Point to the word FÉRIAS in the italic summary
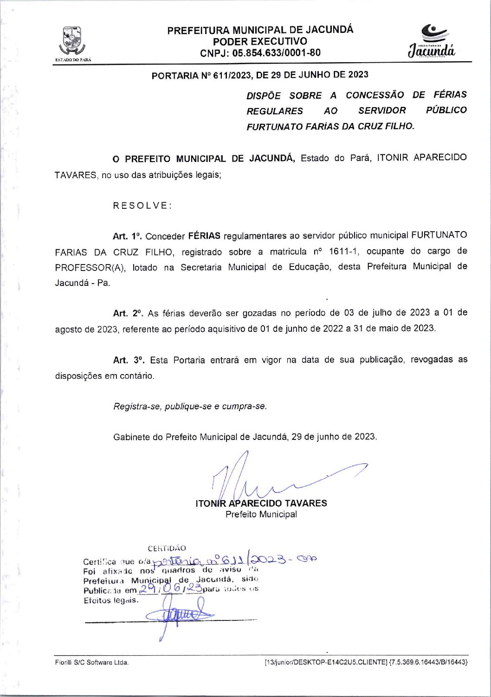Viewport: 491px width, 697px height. tap(450, 95)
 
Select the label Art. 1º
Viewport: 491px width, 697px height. tap(127, 236)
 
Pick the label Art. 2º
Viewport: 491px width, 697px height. tap(128, 313)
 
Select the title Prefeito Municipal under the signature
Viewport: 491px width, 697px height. tap(261, 514)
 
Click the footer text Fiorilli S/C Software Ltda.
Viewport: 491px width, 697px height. tap(92, 662)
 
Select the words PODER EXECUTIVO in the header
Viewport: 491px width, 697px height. tap(260, 42)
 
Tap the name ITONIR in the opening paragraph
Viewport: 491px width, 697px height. tap(392, 158)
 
